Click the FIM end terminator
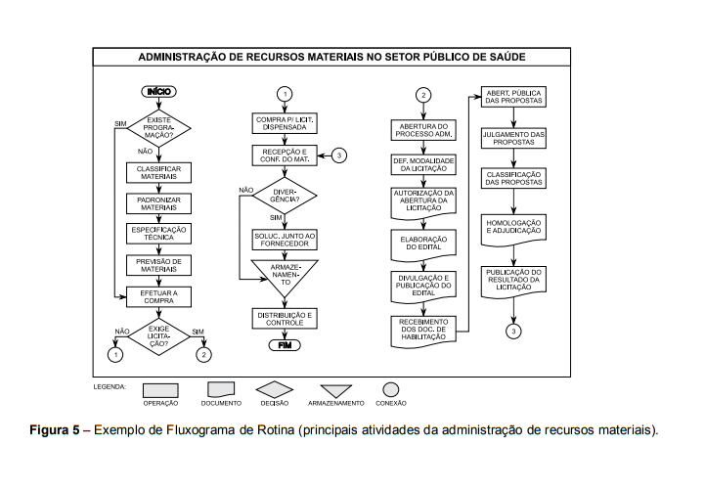286,344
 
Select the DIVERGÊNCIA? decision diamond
286,195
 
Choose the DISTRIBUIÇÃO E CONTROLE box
286,317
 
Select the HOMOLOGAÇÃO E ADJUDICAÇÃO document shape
514,228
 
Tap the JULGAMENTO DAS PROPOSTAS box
514,137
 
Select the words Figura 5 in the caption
52,429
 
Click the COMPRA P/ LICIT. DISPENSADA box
286,123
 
